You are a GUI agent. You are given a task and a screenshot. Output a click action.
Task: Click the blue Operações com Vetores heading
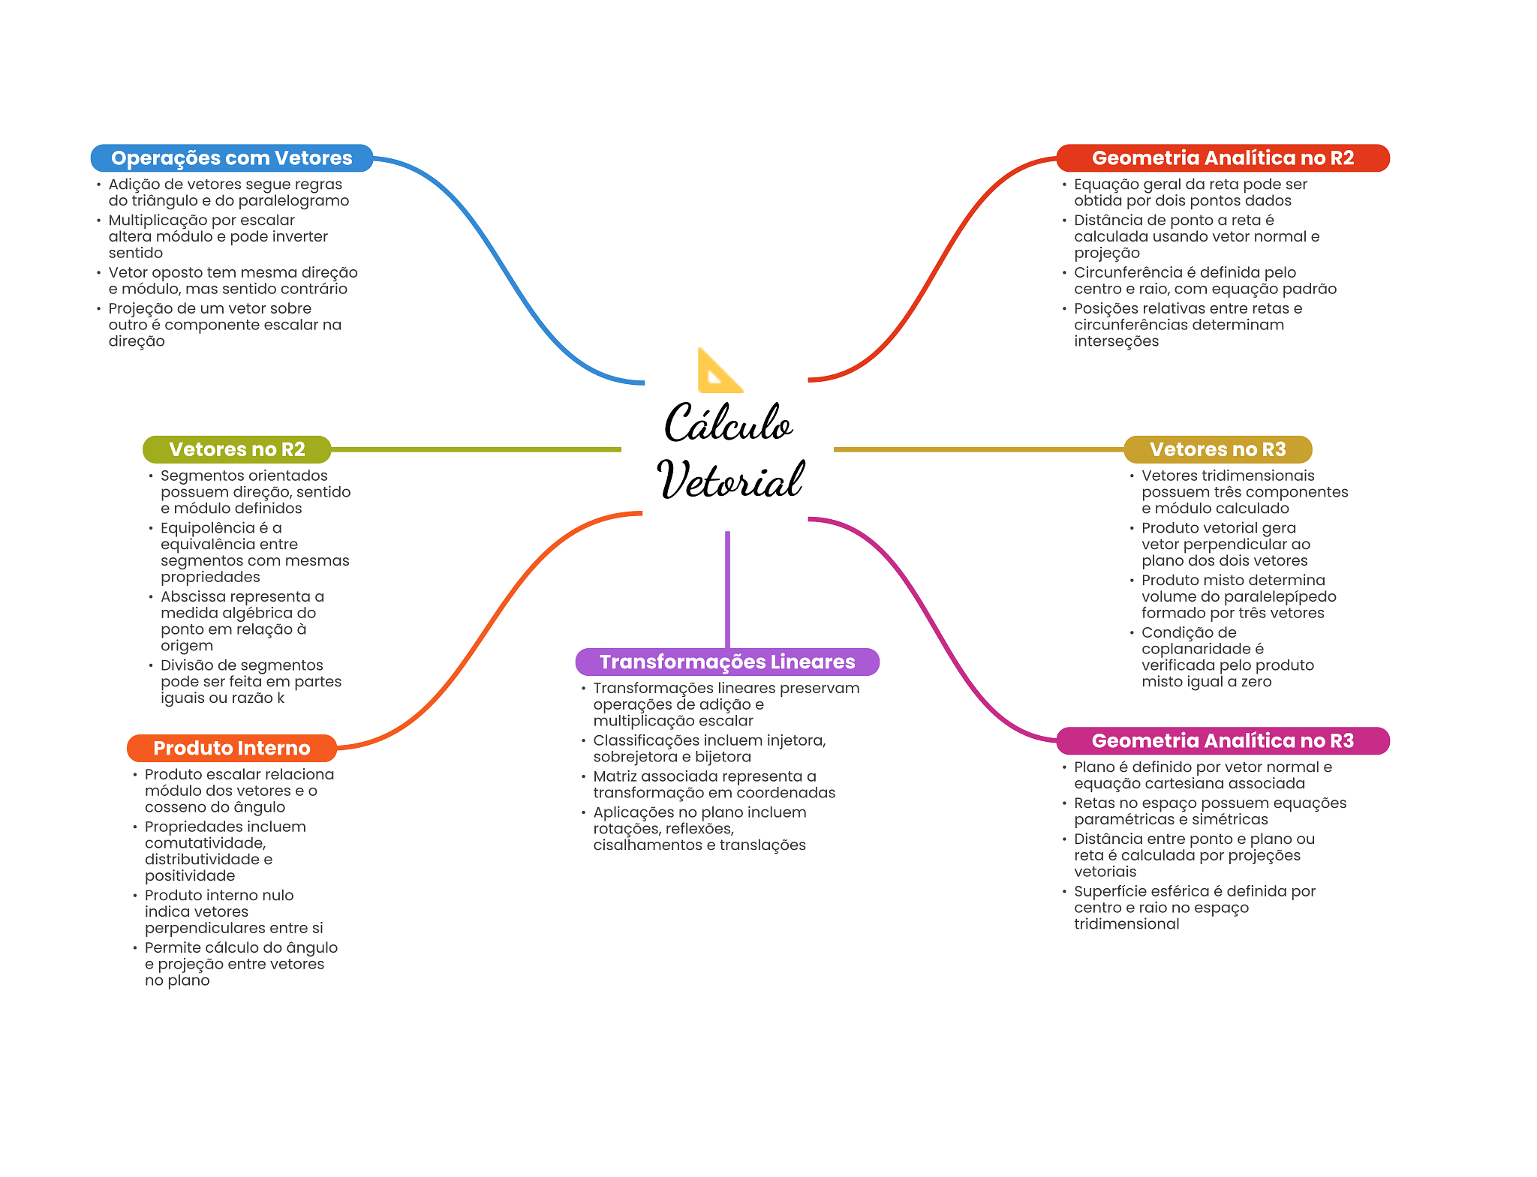(232, 158)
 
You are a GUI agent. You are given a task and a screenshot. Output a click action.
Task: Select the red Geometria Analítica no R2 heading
(1223, 158)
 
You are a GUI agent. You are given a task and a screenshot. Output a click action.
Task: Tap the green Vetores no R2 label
(237, 449)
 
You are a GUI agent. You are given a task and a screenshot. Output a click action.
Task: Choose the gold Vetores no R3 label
(1217, 449)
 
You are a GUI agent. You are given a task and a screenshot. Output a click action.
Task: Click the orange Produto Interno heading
(232, 748)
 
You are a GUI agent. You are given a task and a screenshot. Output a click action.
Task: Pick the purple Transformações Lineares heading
(727, 662)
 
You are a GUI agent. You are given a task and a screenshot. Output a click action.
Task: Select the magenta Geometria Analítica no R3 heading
(1223, 740)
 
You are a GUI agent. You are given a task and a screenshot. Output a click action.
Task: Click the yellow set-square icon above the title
(718, 371)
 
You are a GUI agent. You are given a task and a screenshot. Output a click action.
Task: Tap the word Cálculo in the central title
(728, 422)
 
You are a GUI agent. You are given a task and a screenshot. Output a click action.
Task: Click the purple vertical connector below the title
(727, 590)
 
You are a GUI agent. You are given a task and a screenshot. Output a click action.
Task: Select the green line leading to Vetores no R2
(476, 449)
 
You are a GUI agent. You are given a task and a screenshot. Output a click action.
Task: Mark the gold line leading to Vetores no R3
(979, 449)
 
